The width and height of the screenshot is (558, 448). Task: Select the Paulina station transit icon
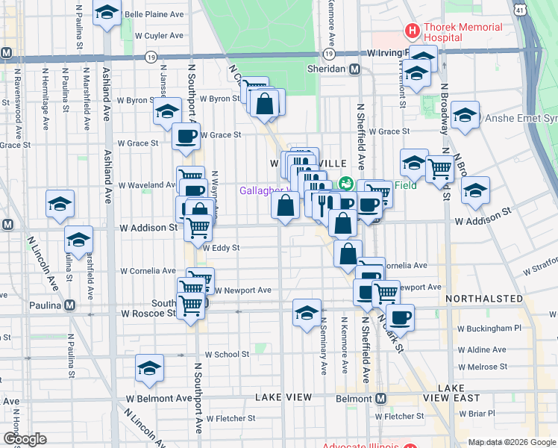pos(69,305)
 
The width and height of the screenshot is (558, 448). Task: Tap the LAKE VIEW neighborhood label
pos(283,398)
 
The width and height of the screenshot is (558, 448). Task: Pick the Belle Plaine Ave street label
pos(154,14)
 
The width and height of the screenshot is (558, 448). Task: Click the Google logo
pos(24,439)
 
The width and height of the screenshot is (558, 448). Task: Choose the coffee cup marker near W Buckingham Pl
pos(401,317)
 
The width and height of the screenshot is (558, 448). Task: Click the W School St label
pos(227,354)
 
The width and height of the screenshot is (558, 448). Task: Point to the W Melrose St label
pos(482,367)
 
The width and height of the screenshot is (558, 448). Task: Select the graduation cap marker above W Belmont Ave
pos(150,368)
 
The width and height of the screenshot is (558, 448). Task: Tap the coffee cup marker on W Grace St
pos(186,136)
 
